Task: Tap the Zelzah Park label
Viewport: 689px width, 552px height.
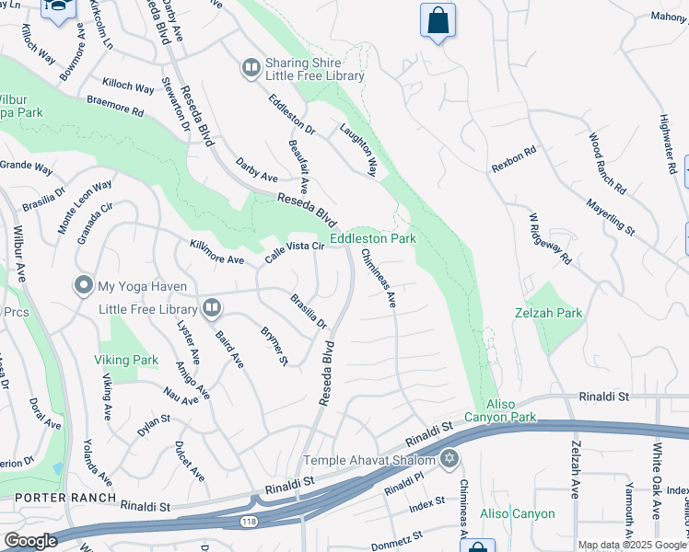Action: pos(548,313)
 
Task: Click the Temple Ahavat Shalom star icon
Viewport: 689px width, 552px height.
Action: pos(450,458)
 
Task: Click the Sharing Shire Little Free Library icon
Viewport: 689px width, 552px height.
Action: pos(250,67)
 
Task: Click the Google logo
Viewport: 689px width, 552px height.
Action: pos(30,541)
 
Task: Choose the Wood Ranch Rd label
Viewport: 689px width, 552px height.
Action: pos(607,164)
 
